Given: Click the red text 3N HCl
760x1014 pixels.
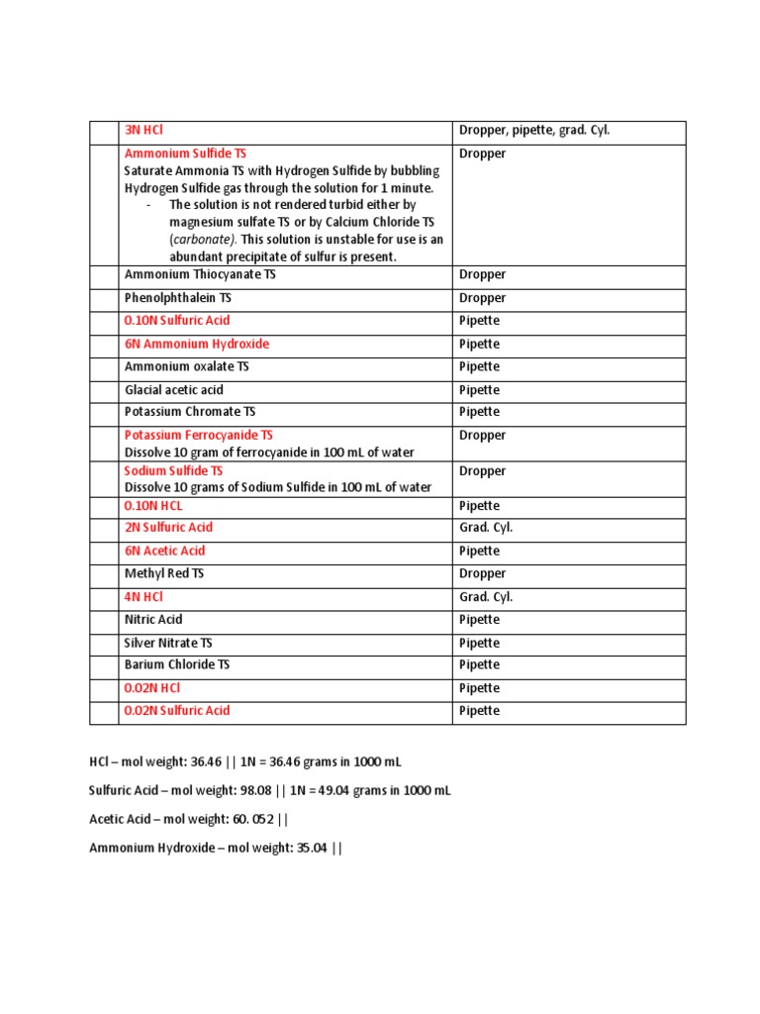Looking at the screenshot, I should coord(143,131).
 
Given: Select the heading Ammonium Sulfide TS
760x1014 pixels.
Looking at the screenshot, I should coord(185,153).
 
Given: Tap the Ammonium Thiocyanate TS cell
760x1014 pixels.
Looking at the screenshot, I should coord(200,274).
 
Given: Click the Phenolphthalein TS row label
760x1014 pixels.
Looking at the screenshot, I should coord(177,297).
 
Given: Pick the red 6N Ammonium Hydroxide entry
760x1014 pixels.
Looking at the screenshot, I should coord(196,344).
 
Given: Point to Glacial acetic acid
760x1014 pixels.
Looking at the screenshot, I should coord(173,389).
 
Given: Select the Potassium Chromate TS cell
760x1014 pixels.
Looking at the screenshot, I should coord(182,412).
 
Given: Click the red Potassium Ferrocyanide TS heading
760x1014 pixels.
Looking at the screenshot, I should coord(198,435).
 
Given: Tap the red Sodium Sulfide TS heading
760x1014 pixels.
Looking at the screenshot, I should coord(173,471).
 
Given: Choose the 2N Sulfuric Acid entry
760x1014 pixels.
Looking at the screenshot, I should coord(168,528).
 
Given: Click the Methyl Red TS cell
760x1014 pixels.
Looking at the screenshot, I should coord(163,573).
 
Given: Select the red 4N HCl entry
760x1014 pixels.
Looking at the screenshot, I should coord(143,597).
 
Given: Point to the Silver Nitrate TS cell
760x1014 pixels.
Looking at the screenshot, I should coord(167,643).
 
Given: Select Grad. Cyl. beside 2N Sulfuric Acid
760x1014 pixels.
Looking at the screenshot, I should coord(486,528).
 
